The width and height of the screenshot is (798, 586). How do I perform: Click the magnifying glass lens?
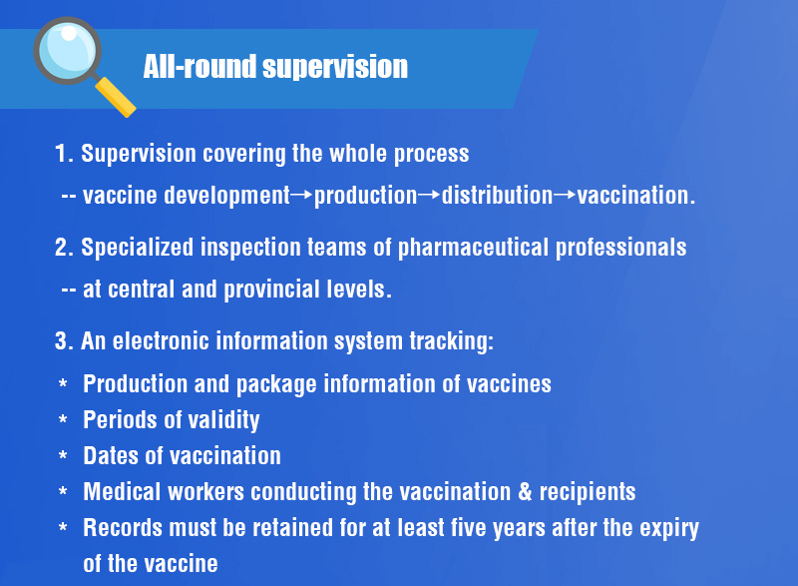pos(67,50)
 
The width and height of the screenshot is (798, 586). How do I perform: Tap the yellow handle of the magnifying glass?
pos(116,97)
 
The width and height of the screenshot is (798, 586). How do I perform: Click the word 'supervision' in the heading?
pos(335,67)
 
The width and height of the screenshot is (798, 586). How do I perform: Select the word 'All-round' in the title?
pos(199,66)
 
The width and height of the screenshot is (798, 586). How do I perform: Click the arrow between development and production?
pos(301,195)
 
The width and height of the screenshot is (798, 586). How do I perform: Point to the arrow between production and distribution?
pos(429,195)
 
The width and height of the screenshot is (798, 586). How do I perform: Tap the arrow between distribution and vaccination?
pos(565,195)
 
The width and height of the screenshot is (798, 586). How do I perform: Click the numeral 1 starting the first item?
pos(61,154)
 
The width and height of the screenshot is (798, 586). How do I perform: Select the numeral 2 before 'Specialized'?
pos(62,247)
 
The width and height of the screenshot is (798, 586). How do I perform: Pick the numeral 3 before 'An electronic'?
pos(62,340)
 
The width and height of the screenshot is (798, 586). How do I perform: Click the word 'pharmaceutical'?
pos(473,248)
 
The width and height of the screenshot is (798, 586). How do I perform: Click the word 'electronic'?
pos(161,340)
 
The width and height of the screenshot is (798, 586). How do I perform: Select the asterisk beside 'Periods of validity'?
pos(63,419)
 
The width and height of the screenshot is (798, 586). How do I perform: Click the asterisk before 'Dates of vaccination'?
pos(63,454)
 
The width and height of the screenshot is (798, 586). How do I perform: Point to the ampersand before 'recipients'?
pos(525,492)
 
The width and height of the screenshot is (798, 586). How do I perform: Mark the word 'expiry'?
pos(669,529)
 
